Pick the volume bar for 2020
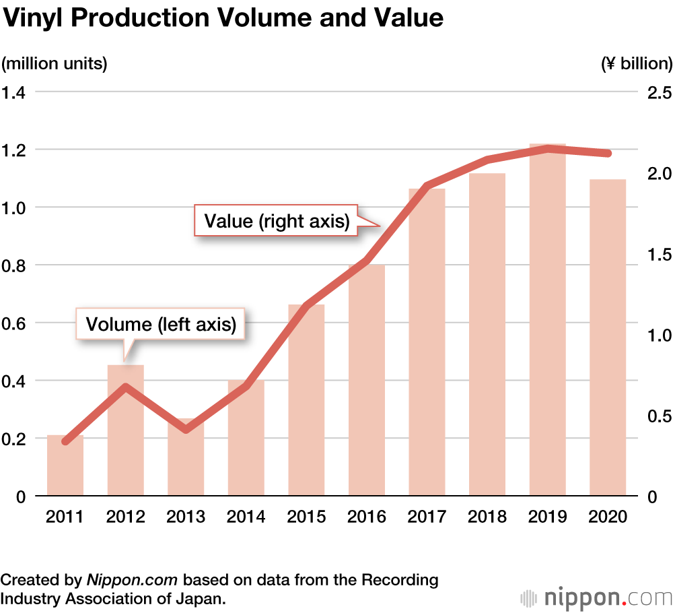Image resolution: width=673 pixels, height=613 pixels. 608,337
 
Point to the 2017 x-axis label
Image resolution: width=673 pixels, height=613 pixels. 427,517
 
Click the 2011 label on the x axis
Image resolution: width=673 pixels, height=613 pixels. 65,517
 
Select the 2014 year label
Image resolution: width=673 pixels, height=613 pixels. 246,517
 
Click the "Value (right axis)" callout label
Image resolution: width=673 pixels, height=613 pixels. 277,221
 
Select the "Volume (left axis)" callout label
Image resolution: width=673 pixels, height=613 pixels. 161,325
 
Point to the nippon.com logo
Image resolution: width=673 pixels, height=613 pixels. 598,597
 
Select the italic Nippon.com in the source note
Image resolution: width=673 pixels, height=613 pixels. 132,580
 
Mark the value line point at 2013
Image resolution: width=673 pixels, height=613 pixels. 186,429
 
